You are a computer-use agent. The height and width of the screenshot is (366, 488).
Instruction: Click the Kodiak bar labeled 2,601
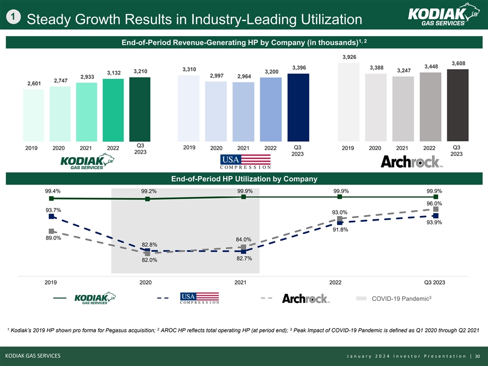pyautogui.click(x=34, y=115)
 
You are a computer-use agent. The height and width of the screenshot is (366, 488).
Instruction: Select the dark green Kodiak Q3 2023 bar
pyautogui.click(x=140, y=109)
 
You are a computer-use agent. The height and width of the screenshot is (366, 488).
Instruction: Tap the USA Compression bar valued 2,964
pyautogui.click(x=243, y=111)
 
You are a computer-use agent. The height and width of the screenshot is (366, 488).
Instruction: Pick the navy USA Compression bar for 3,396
pyautogui.click(x=298, y=107)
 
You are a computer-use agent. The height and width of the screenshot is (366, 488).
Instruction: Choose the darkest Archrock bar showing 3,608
pyautogui.click(x=457, y=105)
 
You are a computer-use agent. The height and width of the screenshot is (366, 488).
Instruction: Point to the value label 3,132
pyautogui.click(x=113, y=73)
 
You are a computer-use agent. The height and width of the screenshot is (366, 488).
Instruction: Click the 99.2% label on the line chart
pyautogui.click(x=149, y=192)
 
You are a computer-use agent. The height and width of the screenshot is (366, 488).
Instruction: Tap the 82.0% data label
pyautogui.click(x=149, y=261)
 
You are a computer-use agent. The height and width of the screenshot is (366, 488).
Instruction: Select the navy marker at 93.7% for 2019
pyautogui.click(x=51, y=217)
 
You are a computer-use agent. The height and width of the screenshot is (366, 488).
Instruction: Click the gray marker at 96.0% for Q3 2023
pyautogui.click(x=436, y=209)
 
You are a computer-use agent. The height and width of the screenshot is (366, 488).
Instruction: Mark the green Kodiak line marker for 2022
pyautogui.click(x=340, y=197)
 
